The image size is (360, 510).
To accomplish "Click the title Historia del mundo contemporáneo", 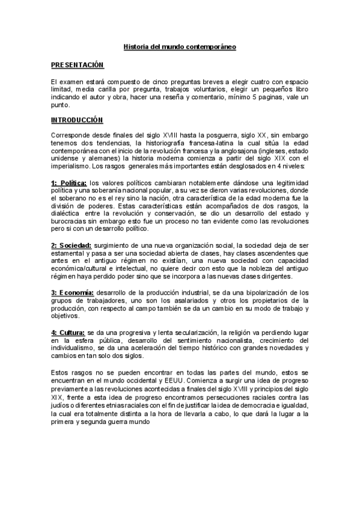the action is tap(180, 46).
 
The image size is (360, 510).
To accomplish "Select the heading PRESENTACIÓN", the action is tap(78, 64).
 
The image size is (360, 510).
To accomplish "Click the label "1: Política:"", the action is tap(69, 183).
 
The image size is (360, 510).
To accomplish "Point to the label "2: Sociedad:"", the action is tap(71, 245).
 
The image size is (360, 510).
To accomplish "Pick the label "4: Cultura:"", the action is tap(68, 331).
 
